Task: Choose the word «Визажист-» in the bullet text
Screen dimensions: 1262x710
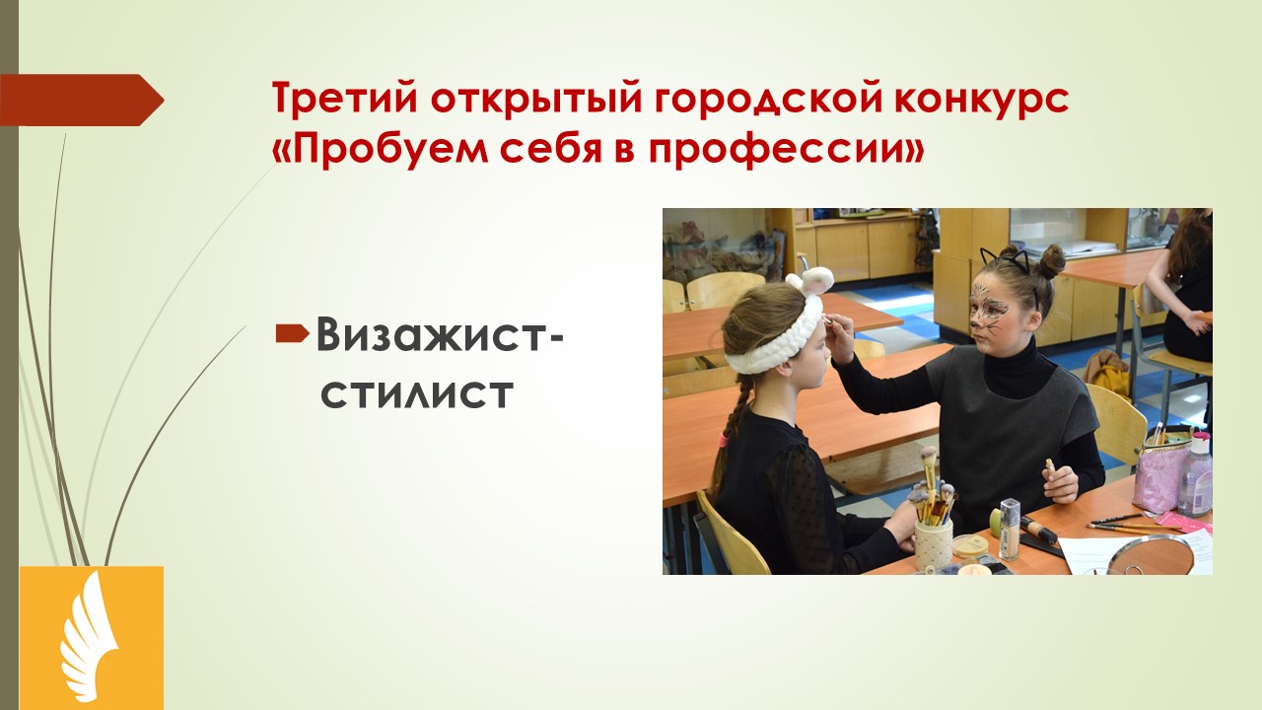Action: click(440, 334)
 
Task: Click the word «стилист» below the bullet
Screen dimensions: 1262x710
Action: click(417, 393)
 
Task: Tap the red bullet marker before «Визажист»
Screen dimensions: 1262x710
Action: click(293, 333)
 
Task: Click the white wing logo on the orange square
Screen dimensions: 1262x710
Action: click(90, 636)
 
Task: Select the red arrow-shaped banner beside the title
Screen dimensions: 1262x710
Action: click(82, 100)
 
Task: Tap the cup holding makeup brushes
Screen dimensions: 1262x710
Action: click(933, 543)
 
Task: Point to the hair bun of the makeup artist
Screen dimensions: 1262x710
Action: click(1051, 262)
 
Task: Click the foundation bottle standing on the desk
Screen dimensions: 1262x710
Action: click(1010, 529)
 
